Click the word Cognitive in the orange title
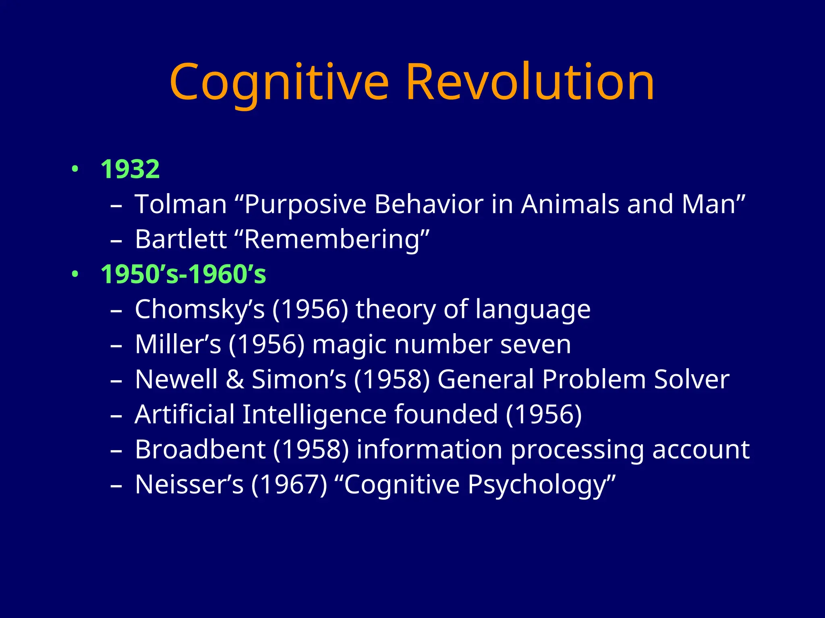click(279, 82)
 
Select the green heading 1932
click(130, 169)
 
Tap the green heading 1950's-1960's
click(183, 274)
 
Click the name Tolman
click(181, 204)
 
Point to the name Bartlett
click(181, 239)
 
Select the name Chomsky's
click(200, 310)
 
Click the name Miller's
click(178, 344)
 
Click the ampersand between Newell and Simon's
click(234, 379)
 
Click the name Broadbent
click(200, 449)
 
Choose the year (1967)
click(289, 484)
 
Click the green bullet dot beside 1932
click(74, 169)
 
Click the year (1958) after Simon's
click(392, 379)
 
